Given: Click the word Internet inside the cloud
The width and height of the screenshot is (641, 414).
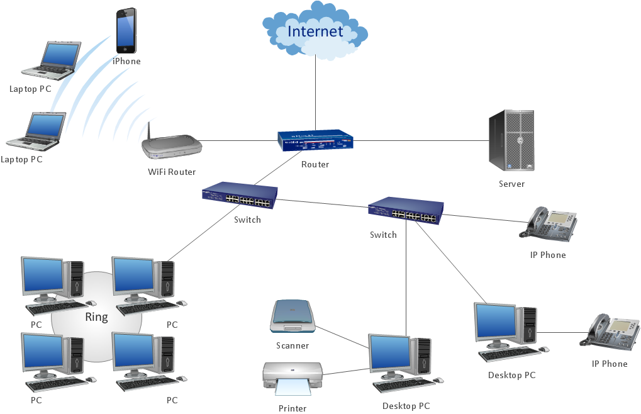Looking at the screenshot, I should pos(315,31).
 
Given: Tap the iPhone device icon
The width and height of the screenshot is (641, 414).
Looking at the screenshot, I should pos(126,31).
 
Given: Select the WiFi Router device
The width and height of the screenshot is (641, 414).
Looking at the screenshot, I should pos(172,148).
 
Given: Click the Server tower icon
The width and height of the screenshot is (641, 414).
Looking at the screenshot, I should pos(511,140).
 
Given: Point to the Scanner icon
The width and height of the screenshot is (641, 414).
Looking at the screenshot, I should pos(293,316).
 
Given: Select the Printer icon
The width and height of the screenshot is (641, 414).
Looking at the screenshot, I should pos(293,378).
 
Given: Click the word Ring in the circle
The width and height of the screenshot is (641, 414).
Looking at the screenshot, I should pos(96,317).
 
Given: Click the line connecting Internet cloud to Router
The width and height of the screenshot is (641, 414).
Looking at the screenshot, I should pos(315,94).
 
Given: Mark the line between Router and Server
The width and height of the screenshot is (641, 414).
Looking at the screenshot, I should pos(421,140).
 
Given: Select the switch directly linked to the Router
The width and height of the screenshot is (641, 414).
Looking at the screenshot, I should pos(240,196).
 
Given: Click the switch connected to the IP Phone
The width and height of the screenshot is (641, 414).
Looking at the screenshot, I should pos(406,211).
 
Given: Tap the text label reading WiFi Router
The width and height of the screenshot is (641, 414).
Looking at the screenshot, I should pos(172,172).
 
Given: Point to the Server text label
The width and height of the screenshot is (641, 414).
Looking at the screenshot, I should pos(511,184).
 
